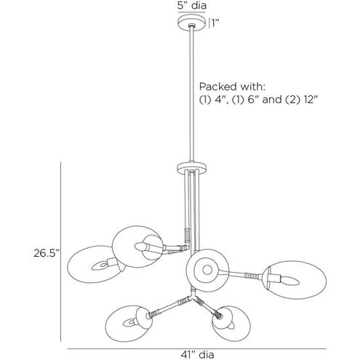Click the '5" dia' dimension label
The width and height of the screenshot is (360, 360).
pos(192,5)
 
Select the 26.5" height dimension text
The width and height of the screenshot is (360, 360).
pos(47,253)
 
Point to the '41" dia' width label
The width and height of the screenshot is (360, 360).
pos(197,354)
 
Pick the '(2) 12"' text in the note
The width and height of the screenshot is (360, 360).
pos(301,100)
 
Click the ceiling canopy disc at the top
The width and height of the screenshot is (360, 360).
pos(192,23)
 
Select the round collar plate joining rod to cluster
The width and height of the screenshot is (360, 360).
pos(192,168)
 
